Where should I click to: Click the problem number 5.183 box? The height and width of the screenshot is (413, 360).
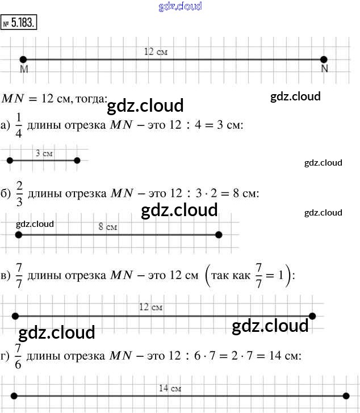pyautogui.click(x=19, y=23)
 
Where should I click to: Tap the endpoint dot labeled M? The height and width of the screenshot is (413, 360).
pyautogui.click(x=23, y=59)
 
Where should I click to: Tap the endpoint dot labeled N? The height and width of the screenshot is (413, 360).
pyautogui.click(x=324, y=59)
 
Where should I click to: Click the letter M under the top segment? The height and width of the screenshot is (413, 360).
pyautogui.click(x=24, y=69)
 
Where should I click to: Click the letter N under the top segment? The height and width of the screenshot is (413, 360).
pyautogui.click(x=324, y=69)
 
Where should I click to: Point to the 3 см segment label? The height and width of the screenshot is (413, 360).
pyautogui.click(x=44, y=153)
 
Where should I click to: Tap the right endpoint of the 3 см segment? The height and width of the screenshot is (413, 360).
pyautogui.click(x=77, y=161)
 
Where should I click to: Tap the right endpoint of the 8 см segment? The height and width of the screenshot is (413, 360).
pyautogui.click(x=219, y=234)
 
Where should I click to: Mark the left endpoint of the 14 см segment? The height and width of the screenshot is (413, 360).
pyautogui.click(x=14, y=397)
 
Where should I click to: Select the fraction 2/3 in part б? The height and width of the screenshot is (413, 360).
pyautogui.click(x=19, y=193)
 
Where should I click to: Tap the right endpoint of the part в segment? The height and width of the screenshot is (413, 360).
pyautogui.click(x=312, y=316)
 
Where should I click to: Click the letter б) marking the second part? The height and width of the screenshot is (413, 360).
pyautogui.click(x=6, y=193)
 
